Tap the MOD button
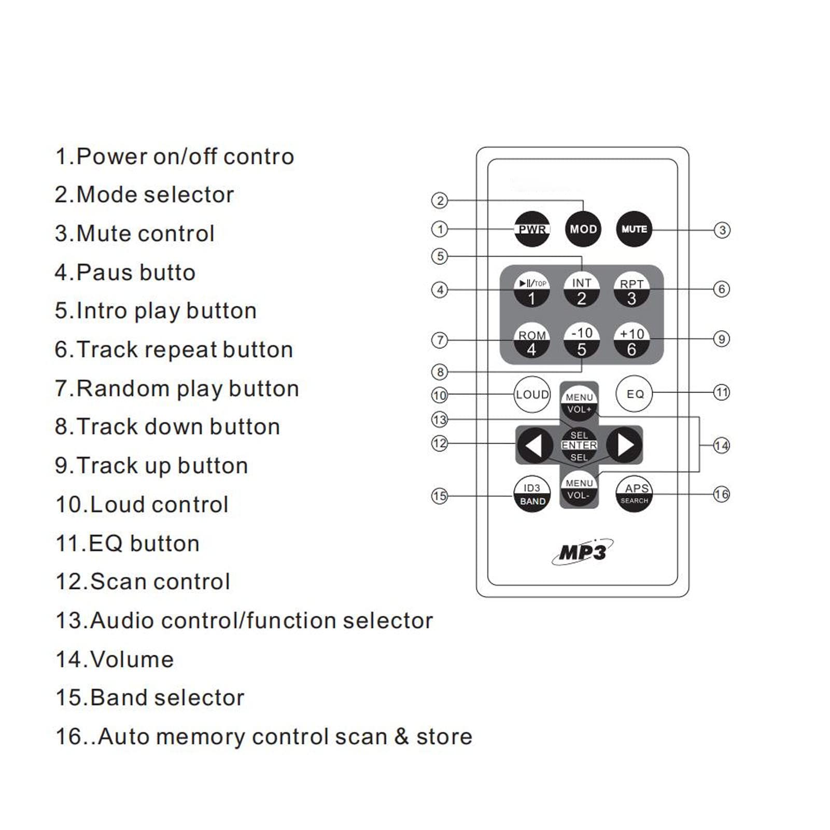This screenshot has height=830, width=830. click(x=583, y=229)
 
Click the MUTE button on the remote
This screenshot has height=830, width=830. click(x=634, y=229)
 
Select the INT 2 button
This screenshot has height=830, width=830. click(x=582, y=290)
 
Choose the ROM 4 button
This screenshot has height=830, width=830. click(x=532, y=341)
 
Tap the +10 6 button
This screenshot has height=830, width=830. click(x=631, y=341)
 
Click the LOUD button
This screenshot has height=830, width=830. click(x=532, y=395)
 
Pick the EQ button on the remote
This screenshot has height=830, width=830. click(x=635, y=394)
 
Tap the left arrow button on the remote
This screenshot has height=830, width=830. click(x=533, y=445)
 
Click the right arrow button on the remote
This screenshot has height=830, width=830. click(x=625, y=445)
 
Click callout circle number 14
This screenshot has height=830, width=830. click(x=721, y=445)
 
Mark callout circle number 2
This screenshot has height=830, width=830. click(x=440, y=201)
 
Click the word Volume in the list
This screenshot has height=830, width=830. click(x=132, y=659)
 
